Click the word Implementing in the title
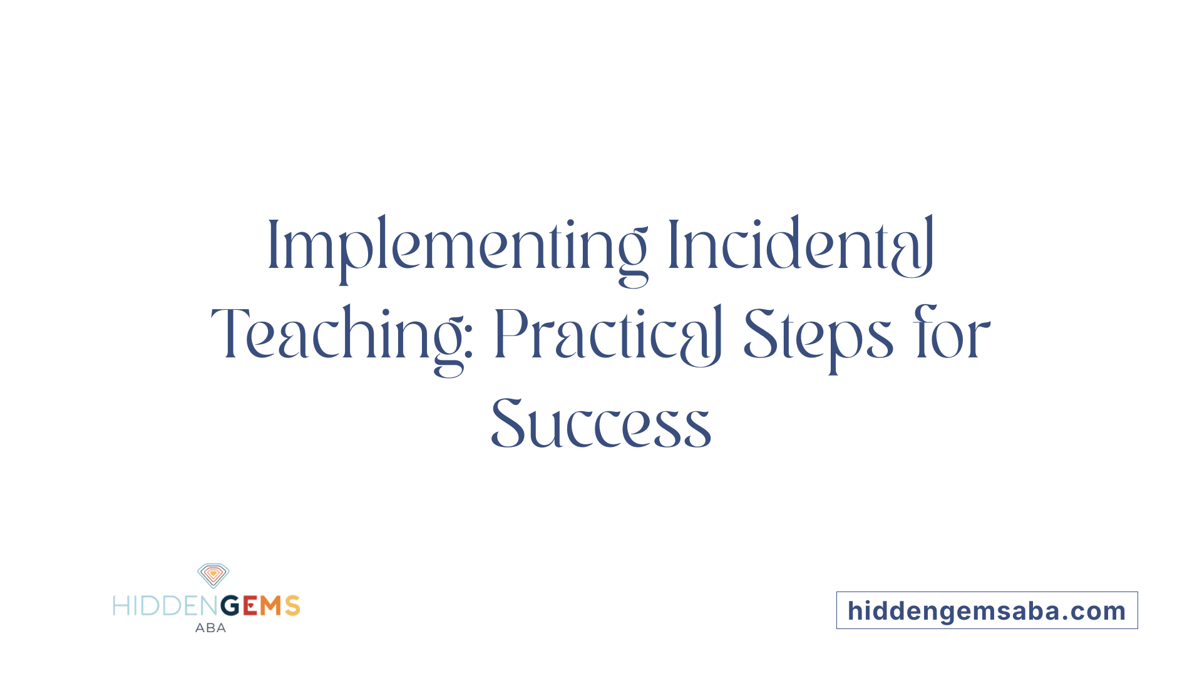457,247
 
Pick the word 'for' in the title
952,335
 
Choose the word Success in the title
601,425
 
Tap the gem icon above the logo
213,575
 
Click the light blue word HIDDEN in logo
167,606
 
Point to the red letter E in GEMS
250,606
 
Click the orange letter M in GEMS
271,606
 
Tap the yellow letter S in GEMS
292,606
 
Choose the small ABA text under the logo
210,628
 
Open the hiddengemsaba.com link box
987,610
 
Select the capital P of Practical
508,335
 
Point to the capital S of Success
507,425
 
